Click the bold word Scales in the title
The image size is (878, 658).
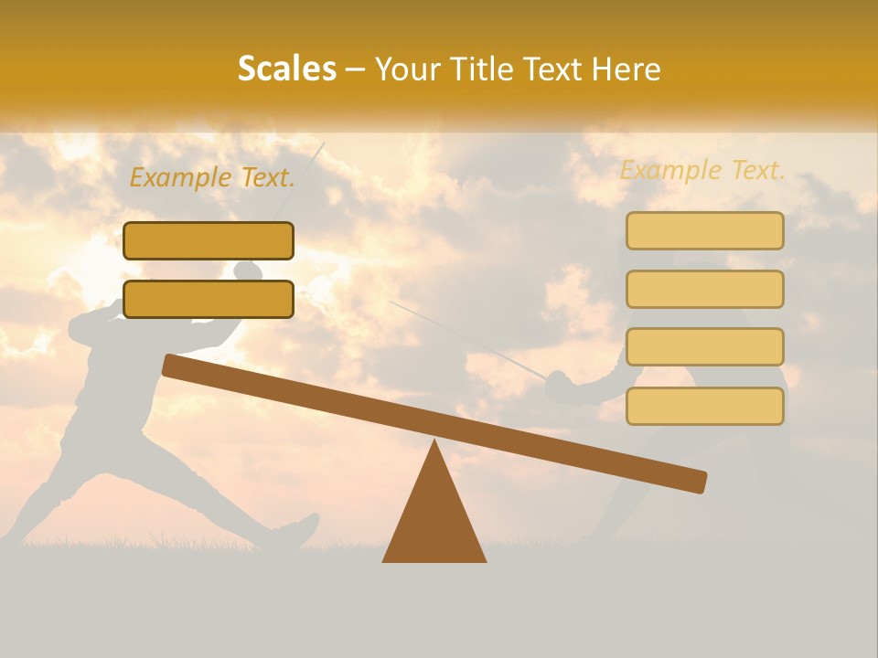click(x=286, y=69)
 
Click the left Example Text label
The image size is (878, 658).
click(x=212, y=177)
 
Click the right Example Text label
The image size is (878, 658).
click(x=702, y=170)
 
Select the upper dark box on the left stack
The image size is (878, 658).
click(x=209, y=240)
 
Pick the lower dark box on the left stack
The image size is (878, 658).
click(x=209, y=299)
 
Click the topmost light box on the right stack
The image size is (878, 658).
click(x=704, y=230)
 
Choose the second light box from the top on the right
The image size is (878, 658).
click(x=704, y=289)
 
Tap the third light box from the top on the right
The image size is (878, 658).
click(x=704, y=346)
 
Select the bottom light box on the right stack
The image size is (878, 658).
click(x=704, y=406)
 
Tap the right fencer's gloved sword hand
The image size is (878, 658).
click(x=560, y=386)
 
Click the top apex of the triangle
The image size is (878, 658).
click(x=434, y=442)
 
